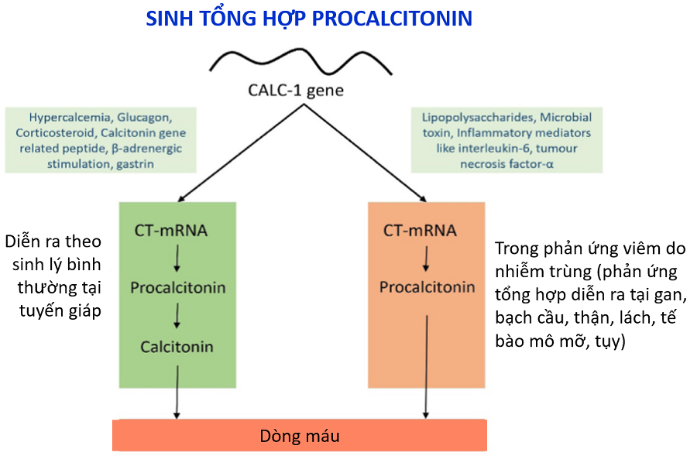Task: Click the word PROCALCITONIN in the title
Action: click(392, 19)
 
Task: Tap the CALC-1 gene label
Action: click(296, 91)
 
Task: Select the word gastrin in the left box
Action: click(135, 164)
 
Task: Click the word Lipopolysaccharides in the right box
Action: click(478, 118)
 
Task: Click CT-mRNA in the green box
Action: click(171, 231)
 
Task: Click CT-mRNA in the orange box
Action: click(420, 231)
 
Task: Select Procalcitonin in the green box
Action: click(178, 288)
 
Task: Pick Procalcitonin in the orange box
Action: click(427, 287)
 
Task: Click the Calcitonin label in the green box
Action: click(177, 347)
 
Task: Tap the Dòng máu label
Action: click(300, 436)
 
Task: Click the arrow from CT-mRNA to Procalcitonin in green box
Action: click(177, 259)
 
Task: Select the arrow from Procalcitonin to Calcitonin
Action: click(177, 316)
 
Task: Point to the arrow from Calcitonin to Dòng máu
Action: click(177, 392)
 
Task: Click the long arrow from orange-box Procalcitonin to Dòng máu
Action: click(426, 367)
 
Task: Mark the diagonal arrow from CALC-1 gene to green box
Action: click(241, 153)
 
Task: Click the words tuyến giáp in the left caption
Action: click(60, 310)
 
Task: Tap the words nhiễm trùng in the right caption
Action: click(543, 272)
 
